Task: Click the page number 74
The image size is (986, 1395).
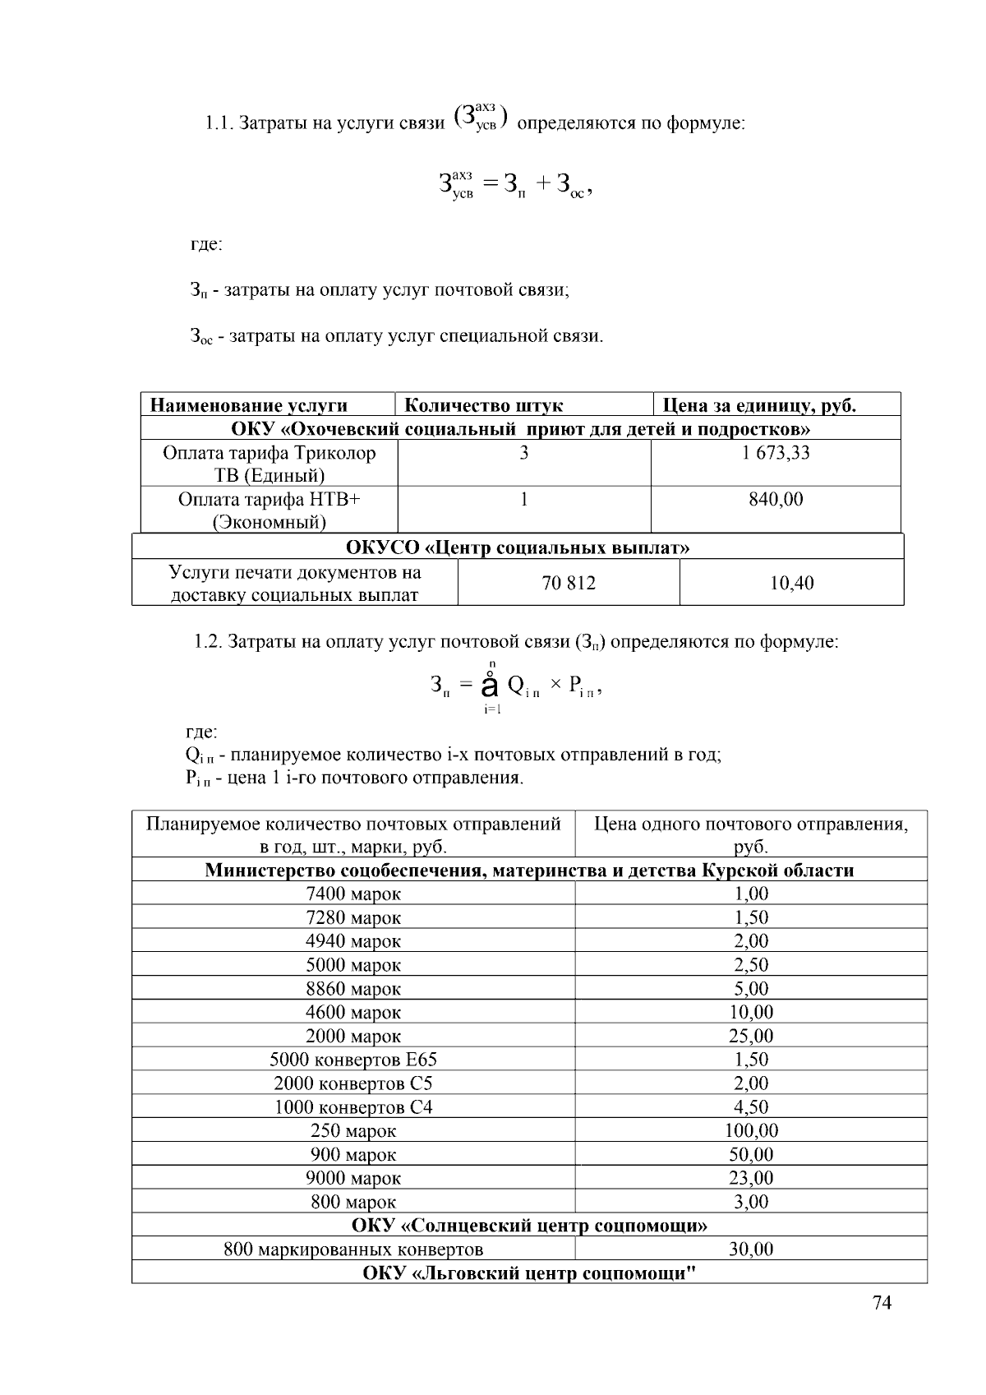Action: (881, 1302)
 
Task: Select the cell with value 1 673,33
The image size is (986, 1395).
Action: (775, 453)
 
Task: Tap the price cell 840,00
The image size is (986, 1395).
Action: (775, 499)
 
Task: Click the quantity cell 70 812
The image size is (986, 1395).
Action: (569, 583)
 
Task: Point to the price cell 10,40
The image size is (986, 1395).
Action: (791, 583)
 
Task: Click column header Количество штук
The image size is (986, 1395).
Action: (484, 405)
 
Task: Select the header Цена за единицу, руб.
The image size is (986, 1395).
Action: (759, 405)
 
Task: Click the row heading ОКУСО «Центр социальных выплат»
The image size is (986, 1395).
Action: (518, 547)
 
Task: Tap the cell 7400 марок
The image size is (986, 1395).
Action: (353, 894)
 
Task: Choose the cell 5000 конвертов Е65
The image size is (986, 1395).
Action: (353, 1060)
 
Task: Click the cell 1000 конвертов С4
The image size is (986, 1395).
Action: (353, 1107)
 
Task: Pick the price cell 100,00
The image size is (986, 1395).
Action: (751, 1130)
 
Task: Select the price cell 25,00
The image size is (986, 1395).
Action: (751, 1036)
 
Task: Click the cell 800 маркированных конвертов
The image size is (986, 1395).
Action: (353, 1249)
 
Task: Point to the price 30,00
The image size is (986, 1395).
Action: (751, 1249)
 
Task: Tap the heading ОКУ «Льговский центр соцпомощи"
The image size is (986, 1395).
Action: (529, 1273)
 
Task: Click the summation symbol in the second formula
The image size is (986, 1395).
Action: (491, 685)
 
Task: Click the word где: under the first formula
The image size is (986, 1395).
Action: (206, 244)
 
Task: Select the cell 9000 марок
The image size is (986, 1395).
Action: (353, 1178)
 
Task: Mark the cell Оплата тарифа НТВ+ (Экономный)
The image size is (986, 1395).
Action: (270, 510)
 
